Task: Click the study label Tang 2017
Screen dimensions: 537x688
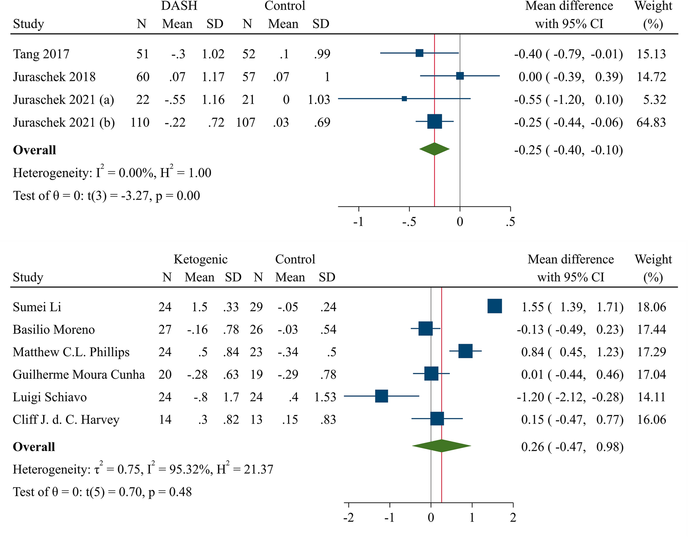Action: point(41,54)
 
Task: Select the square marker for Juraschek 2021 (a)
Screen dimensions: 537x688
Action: point(404,99)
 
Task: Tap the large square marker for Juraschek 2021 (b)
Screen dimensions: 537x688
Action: point(435,122)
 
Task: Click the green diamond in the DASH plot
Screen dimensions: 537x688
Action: point(435,149)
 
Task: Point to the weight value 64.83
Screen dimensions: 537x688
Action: point(651,122)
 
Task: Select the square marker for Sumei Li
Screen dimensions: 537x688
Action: point(494,306)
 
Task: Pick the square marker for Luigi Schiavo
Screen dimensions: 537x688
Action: point(381,396)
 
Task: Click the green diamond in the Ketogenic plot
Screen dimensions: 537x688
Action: point(442,446)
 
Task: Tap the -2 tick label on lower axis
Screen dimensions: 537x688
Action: point(348,518)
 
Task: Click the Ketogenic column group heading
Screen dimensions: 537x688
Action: point(201,259)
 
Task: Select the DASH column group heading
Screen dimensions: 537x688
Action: point(179,6)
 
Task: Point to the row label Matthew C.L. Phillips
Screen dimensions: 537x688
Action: point(71,352)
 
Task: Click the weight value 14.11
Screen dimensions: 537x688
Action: point(651,397)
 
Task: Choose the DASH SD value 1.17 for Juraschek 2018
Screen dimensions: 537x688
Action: point(213,77)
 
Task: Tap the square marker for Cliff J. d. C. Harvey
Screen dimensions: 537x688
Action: point(437,419)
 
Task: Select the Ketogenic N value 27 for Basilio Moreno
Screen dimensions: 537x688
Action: point(165,330)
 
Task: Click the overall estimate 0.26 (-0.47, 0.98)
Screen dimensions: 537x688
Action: point(572,447)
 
